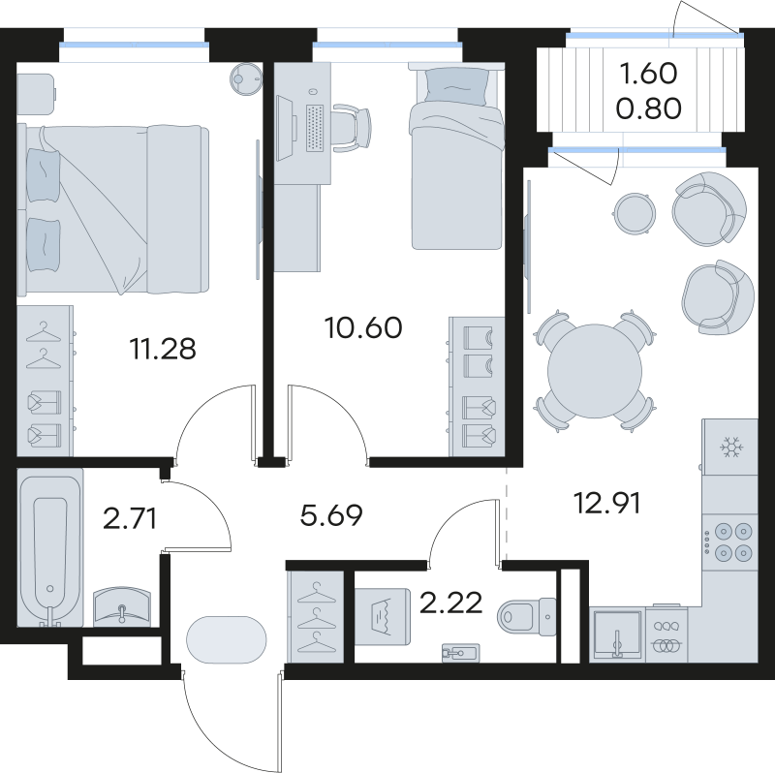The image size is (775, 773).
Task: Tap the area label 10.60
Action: click(x=364, y=326)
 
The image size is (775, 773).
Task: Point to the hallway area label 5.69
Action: click(x=331, y=515)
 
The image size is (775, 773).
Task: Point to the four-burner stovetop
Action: click(x=730, y=541)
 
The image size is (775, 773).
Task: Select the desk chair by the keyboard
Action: click(x=353, y=124)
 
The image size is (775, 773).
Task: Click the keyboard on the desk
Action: click(x=315, y=125)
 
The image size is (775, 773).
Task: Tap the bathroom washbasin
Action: click(x=123, y=609)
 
